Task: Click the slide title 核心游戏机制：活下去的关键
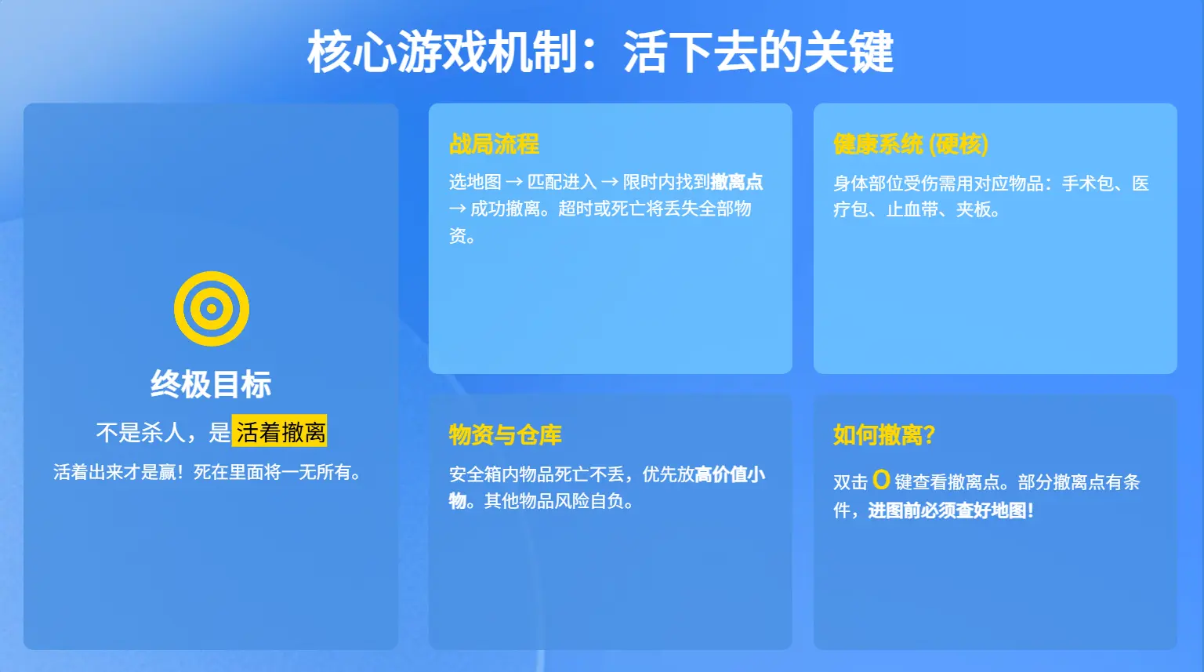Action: tap(600, 52)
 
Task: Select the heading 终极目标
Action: tap(211, 384)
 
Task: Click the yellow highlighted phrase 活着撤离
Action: tap(280, 431)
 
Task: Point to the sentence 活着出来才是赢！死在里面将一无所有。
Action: tap(208, 472)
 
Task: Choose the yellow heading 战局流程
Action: tap(494, 144)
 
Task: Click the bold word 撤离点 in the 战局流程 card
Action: tap(736, 182)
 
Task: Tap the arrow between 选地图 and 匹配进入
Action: tap(514, 182)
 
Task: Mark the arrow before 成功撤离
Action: tap(458, 209)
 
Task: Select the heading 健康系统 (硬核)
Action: tap(911, 144)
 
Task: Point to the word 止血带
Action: tap(912, 209)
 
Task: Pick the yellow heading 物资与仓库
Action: tap(506, 435)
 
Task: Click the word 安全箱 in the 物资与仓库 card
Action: tap(475, 474)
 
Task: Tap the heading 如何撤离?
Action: tap(884, 435)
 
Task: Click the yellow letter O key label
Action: tap(881, 480)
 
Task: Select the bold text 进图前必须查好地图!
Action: tap(951, 510)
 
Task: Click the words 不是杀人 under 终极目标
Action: tap(141, 432)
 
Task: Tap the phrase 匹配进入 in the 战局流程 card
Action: tap(562, 182)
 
